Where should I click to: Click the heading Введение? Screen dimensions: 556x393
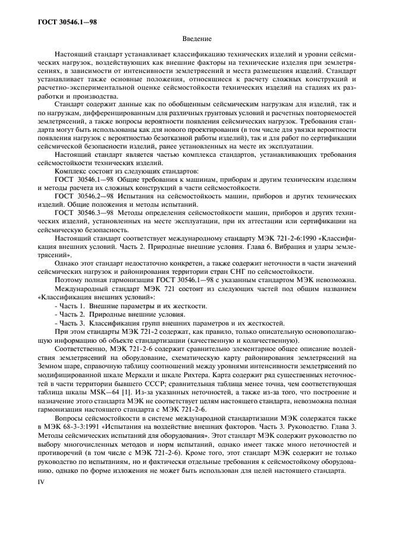point(196,39)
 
